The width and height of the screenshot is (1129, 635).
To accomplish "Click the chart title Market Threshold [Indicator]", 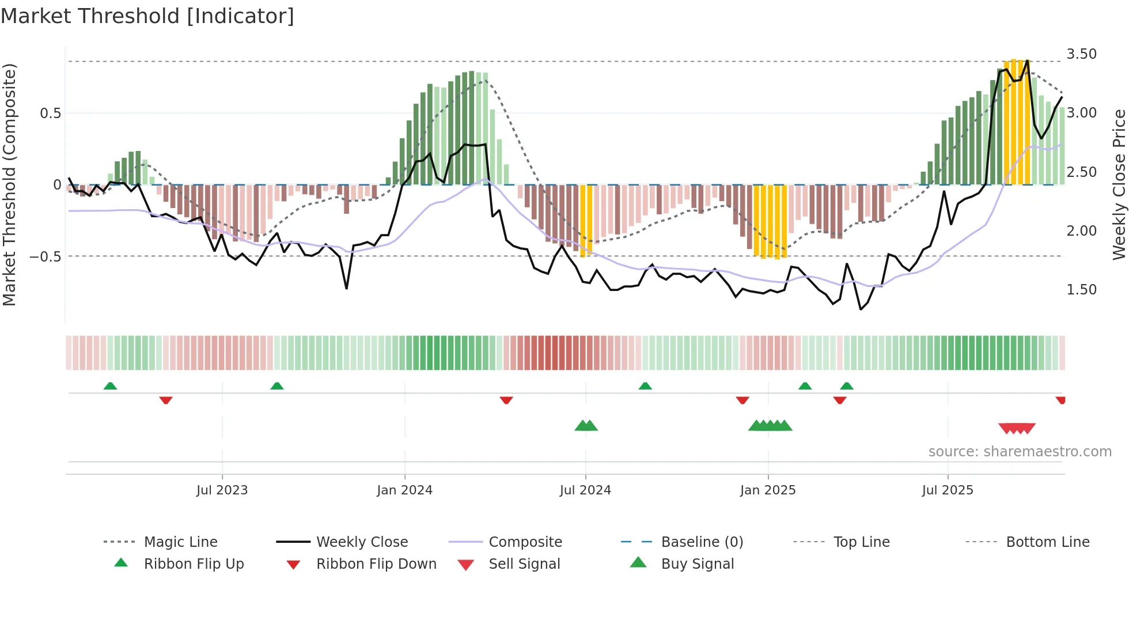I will coord(147,16).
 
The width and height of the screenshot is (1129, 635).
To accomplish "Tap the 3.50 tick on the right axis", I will coord(1081,54).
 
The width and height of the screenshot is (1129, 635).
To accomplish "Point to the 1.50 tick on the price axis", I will coord(1081,290).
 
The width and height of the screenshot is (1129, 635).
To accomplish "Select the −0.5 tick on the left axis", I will coord(46,256).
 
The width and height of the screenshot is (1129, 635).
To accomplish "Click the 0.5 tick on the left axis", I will coord(51,114).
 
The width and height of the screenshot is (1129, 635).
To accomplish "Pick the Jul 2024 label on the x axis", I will coord(585,490).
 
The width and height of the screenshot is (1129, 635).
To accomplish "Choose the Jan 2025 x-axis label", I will coord(768,490).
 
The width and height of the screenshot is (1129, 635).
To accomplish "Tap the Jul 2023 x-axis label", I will coord(222,490).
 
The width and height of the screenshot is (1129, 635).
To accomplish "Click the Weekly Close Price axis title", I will coord(1119,184).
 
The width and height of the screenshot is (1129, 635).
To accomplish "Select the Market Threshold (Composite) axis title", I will coord(9,184).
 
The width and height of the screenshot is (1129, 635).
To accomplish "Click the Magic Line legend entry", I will coord(180,542).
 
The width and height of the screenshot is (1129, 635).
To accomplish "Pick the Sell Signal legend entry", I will coord(524,564).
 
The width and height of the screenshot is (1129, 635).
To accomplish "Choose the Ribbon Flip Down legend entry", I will coord(376,564).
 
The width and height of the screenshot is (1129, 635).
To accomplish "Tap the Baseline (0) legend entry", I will coord(702,542).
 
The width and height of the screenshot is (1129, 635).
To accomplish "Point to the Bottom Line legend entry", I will coord(1047,542).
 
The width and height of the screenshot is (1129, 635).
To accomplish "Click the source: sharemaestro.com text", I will coord(1020,452).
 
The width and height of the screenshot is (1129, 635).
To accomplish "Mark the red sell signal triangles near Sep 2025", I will coord(1017,429).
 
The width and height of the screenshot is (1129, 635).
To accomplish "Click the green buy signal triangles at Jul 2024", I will coord(586,426).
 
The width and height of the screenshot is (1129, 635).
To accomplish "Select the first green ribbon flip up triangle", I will coord(110,386).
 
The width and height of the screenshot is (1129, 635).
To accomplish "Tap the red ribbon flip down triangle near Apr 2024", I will coord(506,400).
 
